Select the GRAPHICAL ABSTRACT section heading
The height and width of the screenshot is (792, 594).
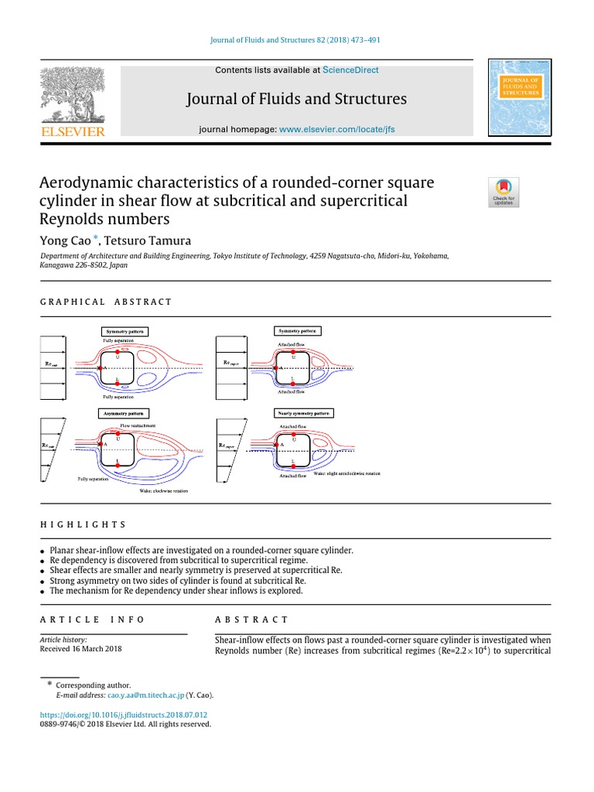pos(106,302)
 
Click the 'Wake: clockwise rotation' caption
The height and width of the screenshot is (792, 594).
pos(163,490)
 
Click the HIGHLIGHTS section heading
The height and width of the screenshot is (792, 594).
pos(83,524)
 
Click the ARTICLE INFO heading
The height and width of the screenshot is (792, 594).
pos(92,620)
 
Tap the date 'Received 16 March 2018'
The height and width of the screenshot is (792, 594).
pos(80,650)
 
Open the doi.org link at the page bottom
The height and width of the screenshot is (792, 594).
pos(125,715)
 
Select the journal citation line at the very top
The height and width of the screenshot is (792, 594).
pos(297,40)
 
